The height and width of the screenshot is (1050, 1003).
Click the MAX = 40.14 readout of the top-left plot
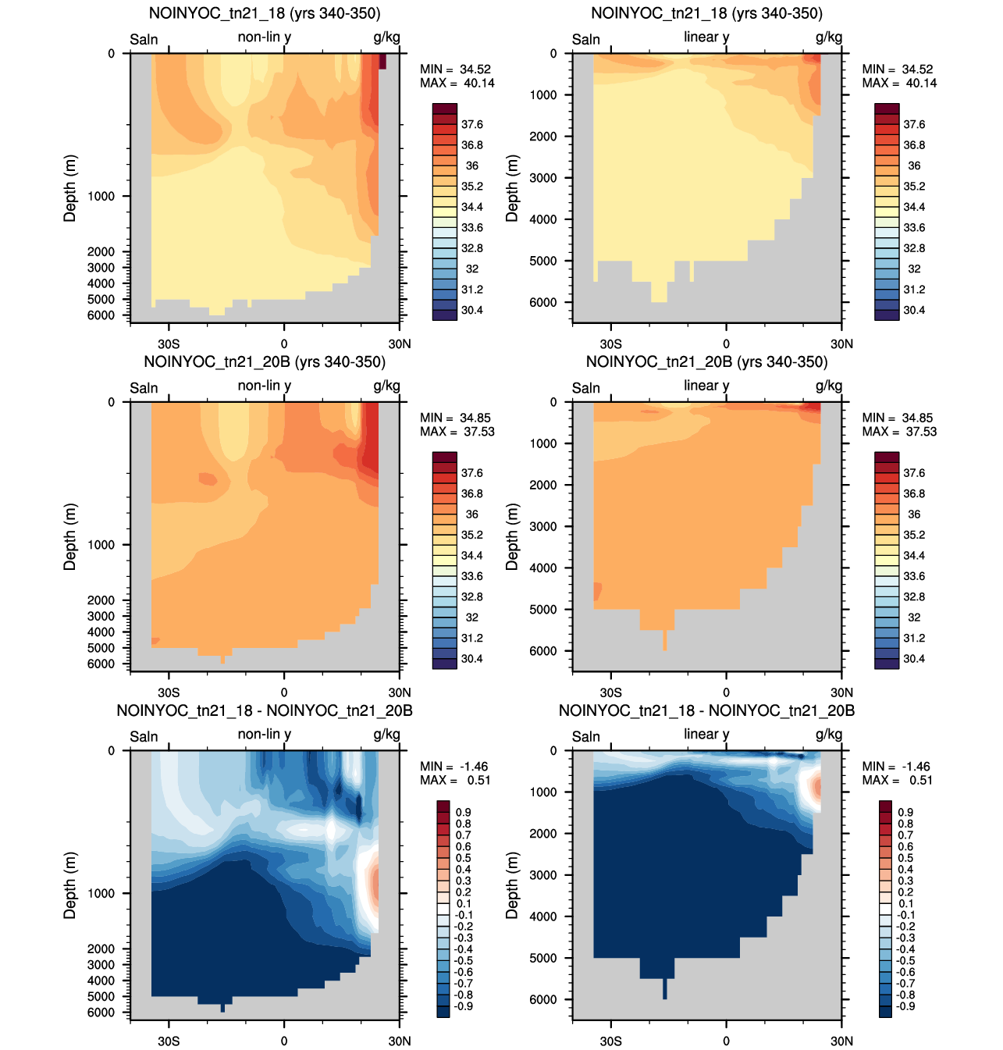coord(457,83)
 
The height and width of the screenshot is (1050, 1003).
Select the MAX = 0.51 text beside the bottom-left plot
coord(455,780)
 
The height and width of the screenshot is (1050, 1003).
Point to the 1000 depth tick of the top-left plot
coord(101,197)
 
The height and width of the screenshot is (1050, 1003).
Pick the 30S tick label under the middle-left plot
coord(169,692)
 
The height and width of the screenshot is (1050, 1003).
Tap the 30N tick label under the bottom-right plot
coord(841,1041)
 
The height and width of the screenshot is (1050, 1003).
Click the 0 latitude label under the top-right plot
coord(726,343)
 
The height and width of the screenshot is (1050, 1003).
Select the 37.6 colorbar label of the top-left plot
coord(471,125)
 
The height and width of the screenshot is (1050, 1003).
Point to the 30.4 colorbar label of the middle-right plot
coord(914,659)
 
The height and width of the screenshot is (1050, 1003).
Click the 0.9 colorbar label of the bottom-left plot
coord(463,813)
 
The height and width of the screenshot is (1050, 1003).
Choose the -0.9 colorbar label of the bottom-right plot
coord(905,1006)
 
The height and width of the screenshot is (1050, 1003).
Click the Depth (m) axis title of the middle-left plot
coord(69,537)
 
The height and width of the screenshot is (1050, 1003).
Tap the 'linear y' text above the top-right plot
coord(706,37)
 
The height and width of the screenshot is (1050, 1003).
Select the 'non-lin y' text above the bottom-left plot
coord(265,735)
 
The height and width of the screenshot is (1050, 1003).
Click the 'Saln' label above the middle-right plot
coord(586,388)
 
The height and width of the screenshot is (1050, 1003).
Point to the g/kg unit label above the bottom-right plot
coord(829,735)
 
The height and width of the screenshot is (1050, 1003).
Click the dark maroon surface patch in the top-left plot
coord(382,61)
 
